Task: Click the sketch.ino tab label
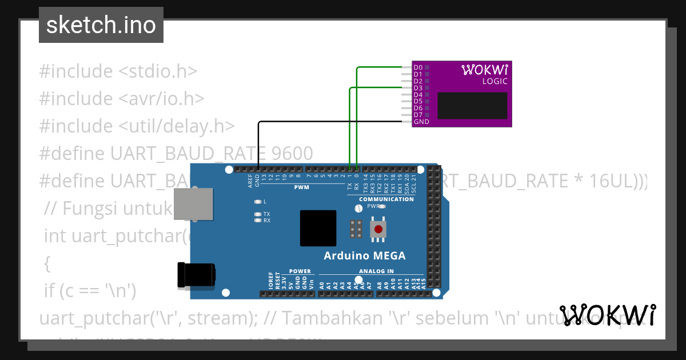click(x=101, y=25)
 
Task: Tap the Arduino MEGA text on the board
click(x=365, y=255)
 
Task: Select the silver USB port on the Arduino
click(x=193, y=203)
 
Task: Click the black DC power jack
click(x=196, y=275)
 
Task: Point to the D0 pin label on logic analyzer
click(x=418, y=67)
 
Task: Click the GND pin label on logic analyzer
click(x=421, y=122)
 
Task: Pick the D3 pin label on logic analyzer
click(x=418, y=88)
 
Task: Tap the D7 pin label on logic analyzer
click(x=418, y=115)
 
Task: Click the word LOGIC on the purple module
click(x=494, y=81)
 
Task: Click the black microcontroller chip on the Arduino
click(x=318, y=228)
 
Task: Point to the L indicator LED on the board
click(x=258, y=202)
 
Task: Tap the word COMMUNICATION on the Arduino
click(x=386, y=199)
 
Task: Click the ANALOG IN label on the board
click(x=376, y=271)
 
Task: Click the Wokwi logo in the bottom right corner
click(x=608, y=315)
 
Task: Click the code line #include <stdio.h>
click(x=118, y=71)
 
